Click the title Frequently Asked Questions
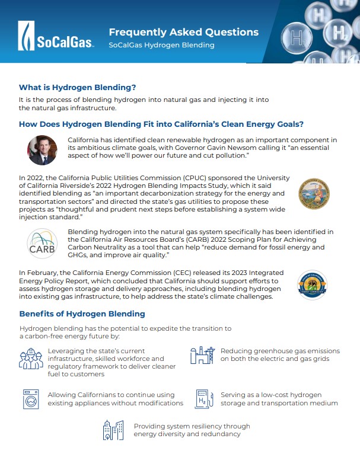[x=183, y=32]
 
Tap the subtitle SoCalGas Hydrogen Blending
[x=161, y=45]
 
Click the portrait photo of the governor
[x=42, y=150]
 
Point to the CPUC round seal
[x=313, y=194]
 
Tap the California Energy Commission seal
[x=313, y=286]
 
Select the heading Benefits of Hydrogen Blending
[x=82, y=314]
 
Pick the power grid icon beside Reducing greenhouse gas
[x=201, y=355]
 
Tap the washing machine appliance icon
[x=30, y=399]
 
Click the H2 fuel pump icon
[x=202, y=399]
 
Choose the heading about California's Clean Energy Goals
[x=161, y=124]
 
